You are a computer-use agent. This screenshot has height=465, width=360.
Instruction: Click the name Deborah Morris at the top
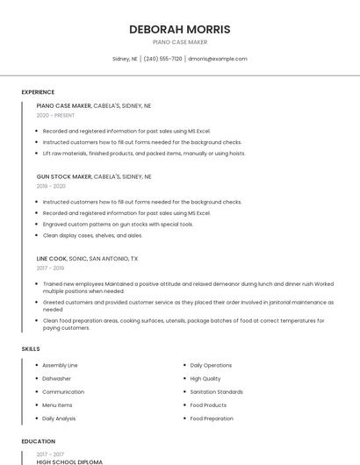(180, 29)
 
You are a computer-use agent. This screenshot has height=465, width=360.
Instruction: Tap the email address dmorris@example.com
(218, 59)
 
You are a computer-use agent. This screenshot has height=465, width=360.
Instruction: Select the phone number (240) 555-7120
(162, 59)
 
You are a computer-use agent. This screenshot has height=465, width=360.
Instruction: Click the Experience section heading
(38, 92)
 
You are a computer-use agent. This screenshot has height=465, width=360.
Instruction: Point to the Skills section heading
(31, 349)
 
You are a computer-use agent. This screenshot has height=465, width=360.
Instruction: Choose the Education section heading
(38, 441)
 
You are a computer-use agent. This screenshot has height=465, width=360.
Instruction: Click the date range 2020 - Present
(55, 115)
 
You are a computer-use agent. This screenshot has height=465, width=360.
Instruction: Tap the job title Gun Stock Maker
(64, 176)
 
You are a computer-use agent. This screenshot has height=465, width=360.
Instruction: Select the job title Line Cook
(52, 259)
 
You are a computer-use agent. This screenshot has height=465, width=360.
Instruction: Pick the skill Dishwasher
(56, 378)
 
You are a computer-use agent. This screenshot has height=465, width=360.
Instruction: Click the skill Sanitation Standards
(216, 392)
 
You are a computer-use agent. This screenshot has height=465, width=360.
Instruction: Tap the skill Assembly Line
(60, 365)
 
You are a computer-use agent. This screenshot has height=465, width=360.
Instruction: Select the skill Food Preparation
(212, 418)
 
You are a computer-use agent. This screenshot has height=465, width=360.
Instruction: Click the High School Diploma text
(69, 461)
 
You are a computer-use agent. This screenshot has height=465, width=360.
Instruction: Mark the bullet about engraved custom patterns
(118, 224)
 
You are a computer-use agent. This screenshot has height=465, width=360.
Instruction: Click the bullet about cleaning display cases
(92, 235)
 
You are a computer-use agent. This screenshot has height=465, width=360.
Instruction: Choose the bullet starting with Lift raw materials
(144, 153)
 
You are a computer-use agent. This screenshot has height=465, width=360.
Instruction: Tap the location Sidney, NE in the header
(126, 59)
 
